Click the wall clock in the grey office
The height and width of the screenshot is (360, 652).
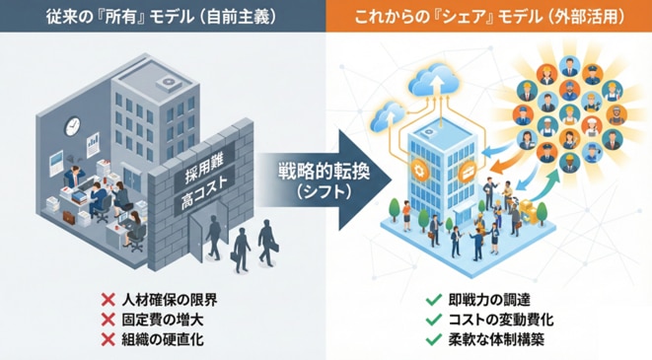[72, 126]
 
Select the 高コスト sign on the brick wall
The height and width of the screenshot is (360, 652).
[204, 193]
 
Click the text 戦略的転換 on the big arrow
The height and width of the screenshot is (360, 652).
[324, 172]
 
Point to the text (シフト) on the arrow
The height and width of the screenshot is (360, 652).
[324, 191]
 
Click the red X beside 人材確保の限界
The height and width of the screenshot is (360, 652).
[109, 299]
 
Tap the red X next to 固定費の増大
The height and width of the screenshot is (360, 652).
[109, 320]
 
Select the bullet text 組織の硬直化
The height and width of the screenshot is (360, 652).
[163, 340]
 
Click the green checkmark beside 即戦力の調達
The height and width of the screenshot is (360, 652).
[434, 299]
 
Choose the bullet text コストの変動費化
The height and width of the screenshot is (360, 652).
[501, 320]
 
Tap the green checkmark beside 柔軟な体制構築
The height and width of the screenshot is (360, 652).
[434, 339]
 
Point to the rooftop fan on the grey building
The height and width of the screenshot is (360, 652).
[169, 82]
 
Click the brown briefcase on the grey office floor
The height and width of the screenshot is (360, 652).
[69, 217]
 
